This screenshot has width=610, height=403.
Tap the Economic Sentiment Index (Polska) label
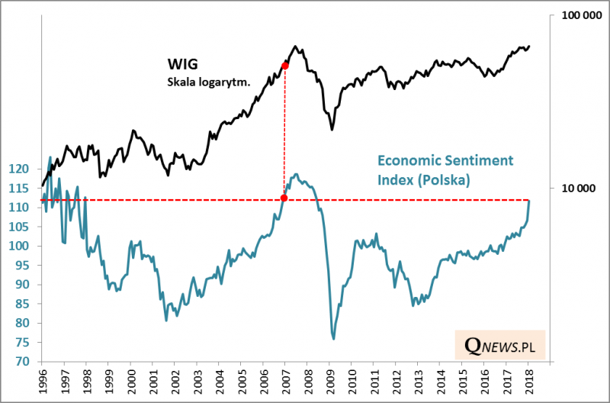[445, 170]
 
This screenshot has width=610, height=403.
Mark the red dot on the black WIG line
[284, 66]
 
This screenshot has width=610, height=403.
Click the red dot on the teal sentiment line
[284, 198]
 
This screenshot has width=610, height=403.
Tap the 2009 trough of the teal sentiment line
[333, 338]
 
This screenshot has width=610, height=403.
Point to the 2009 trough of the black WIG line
[332, 129]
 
